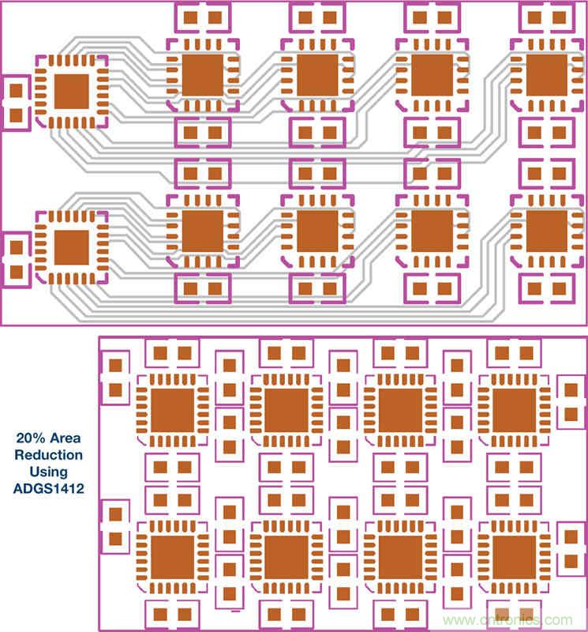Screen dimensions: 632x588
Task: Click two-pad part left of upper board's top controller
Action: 15,102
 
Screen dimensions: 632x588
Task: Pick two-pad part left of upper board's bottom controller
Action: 15,258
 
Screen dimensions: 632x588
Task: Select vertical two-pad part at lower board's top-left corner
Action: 115,378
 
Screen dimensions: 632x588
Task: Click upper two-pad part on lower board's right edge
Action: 570,401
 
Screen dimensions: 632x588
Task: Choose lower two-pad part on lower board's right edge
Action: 570,549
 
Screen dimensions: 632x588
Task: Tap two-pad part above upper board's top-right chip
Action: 547,15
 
